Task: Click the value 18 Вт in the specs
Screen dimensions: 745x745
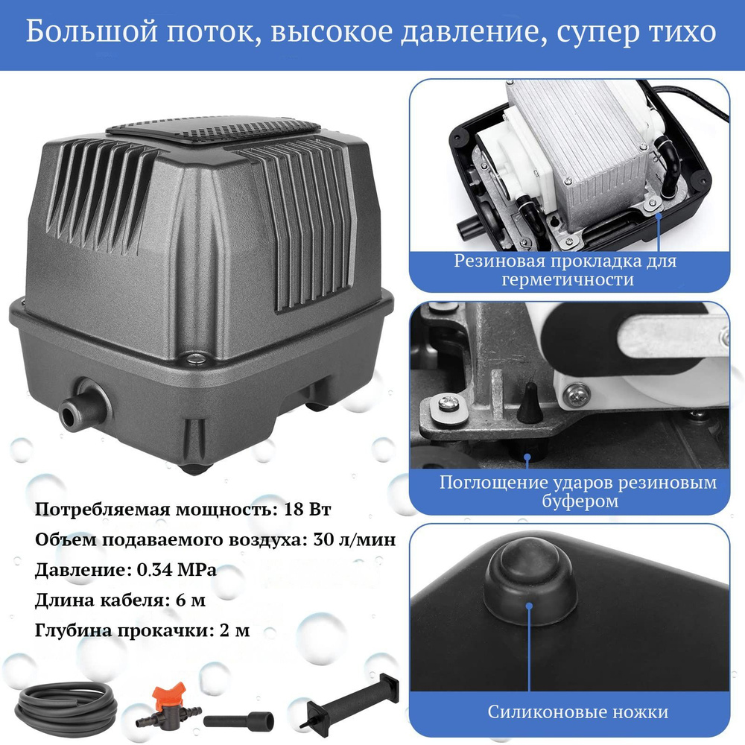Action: [307, 510]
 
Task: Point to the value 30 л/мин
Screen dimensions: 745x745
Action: [355, 539]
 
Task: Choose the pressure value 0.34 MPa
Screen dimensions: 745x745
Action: [177, 570]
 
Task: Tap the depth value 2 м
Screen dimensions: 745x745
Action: [235, 630]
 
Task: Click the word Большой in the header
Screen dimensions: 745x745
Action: [91, 32]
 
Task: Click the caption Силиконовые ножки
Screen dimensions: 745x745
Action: [578, 711]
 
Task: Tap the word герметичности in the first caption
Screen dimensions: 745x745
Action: [568, 279]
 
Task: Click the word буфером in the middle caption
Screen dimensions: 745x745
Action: [580, 501]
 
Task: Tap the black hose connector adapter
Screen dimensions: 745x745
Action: [238, 720]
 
